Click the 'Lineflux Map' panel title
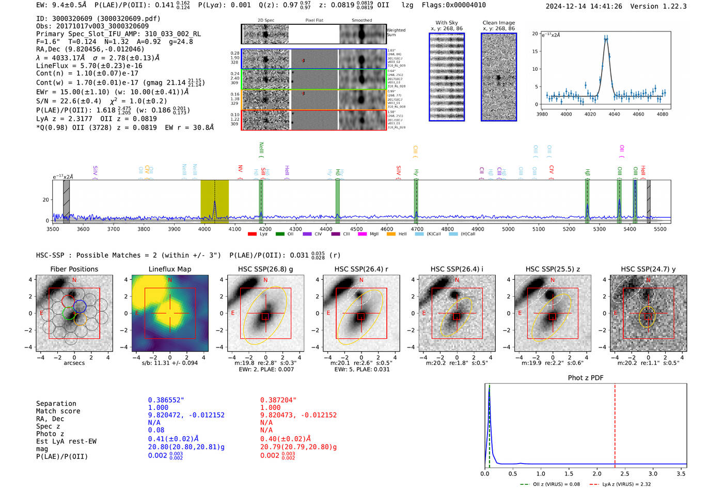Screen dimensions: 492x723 click(169, 269)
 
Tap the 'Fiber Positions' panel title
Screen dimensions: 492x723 click(74, 269)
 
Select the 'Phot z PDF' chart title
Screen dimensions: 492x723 click(586, 378)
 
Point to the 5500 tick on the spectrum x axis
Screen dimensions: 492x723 click(660, 229)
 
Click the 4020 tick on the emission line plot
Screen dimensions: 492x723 click(590, 114)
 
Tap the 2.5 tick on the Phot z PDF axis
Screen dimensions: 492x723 click(625, 473)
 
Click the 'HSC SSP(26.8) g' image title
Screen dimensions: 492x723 click(265, 269)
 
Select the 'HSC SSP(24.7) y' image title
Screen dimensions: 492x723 click(648, 269)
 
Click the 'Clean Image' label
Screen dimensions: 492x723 click(498, 23)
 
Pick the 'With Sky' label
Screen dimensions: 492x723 click(447, 23)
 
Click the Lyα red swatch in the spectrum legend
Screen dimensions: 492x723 click(252, 234)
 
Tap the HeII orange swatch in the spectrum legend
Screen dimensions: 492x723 click(391, 234)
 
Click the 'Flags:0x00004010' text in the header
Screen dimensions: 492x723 click(453, 5)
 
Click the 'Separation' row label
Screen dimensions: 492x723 click(56, 403)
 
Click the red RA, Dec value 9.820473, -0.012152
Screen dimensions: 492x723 click(298, 415)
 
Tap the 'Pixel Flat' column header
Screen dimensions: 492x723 click(314, 20)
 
